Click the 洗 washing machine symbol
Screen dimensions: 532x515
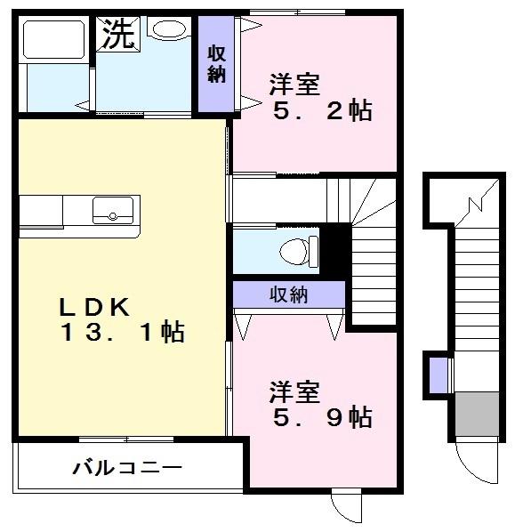[x=117, y=35]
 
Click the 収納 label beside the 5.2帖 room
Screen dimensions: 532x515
[x=216, y=63]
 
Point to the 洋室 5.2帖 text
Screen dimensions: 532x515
[x=316, y=98]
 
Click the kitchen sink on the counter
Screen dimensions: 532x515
[x=112, y=212]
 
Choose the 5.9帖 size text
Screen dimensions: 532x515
[x=322, y=416]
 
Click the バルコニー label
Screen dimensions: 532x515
[x=127, y=466]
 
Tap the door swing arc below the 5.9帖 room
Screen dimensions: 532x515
[x=345, y=506]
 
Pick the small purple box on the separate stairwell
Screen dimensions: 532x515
[x=438, y=374]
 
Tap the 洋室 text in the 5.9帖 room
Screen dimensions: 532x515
[x=294, y=391]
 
